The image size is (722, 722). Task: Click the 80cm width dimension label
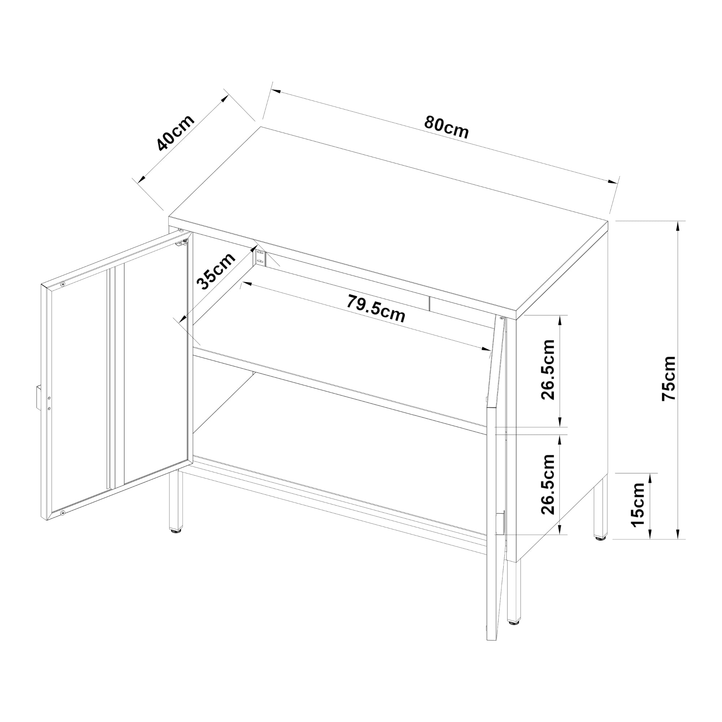(x=446, y=128)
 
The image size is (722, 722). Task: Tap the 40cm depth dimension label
(x=175, y=133)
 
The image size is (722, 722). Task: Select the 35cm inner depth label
(x=216, y=271)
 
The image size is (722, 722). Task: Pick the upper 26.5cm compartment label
(x=548, y=370)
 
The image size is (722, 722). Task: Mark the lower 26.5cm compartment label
(x=548, y=485)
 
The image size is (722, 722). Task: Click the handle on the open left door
(x=38, y=397)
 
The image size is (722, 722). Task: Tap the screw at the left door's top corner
(x=63, y=284)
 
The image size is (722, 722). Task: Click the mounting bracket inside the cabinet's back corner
(x=261, y=258)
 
